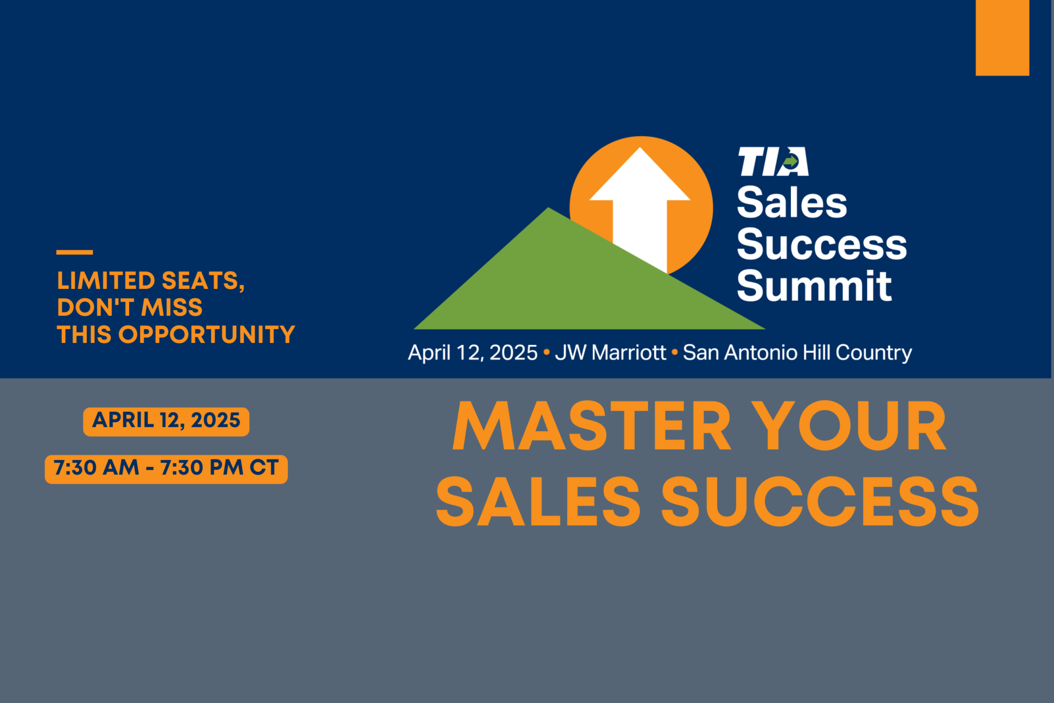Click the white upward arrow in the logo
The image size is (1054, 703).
640,206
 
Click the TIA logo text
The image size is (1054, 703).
773,162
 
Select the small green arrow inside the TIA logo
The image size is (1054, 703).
790,162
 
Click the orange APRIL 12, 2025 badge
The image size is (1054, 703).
166,422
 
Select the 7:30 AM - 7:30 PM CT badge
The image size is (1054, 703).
166,469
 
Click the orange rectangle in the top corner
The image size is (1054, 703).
1003,38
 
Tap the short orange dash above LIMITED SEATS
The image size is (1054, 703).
75,252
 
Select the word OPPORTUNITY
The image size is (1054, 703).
207,335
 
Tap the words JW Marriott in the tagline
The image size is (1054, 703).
610,353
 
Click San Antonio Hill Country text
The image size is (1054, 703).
797,353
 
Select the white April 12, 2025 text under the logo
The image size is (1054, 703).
472,353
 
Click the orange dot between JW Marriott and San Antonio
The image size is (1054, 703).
675,353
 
